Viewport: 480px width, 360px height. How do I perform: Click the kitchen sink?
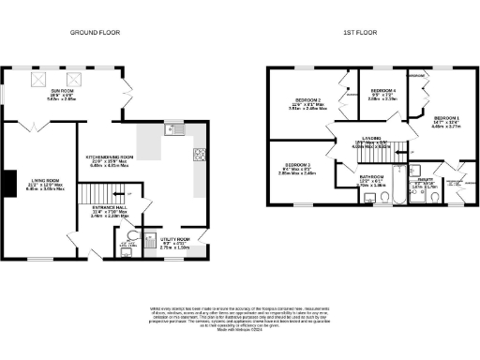170,130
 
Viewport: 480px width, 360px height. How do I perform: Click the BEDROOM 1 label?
445,120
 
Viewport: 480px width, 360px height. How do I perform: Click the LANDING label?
366,142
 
